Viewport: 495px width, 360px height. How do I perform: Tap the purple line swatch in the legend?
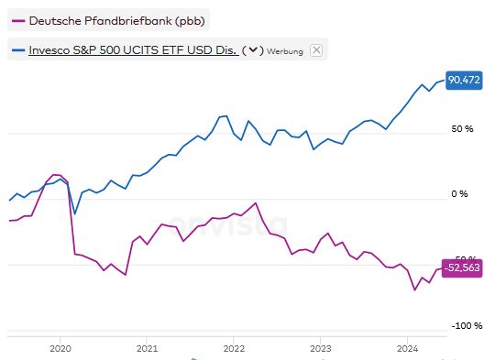(16, 20)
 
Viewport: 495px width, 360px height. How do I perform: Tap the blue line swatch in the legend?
(16, 50)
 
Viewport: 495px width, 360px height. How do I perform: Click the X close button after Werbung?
(316, 50)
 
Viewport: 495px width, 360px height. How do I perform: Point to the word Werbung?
(285, 51)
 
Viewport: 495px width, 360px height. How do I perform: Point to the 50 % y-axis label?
(461, 129)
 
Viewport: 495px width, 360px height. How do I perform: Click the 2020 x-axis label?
(60, 349)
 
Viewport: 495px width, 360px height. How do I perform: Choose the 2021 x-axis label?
(147, 349)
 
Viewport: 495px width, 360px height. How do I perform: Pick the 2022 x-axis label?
(234, 349)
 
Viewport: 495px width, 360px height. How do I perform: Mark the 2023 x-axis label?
(321, 349)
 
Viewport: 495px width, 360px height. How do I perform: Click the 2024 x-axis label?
(408, 349)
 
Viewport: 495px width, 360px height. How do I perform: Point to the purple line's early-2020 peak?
(56, 174)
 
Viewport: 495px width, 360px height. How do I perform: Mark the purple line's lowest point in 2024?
(415, 290)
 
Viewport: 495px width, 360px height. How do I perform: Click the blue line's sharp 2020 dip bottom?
(74, 213)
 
